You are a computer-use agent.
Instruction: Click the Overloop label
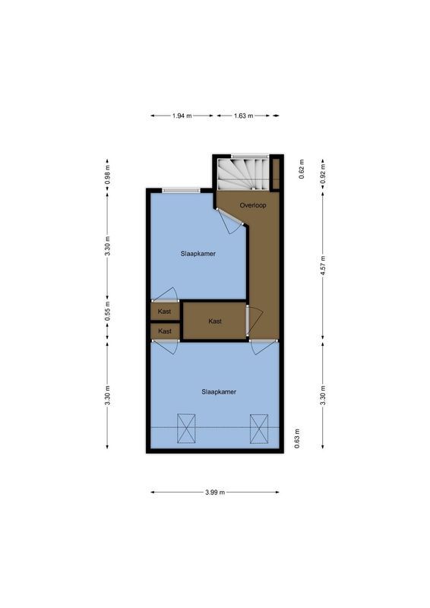pyautogui.click(x=251, y=205)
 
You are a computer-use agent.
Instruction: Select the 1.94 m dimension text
pyautogui.click(x=182, y=116)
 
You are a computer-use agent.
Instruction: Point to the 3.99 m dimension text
pyautogui.click(x=215, y=492)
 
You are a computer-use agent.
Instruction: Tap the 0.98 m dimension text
pyautogui.click(x=107, y=176)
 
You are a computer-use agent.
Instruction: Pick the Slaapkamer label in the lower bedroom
pyautogui.click(x=219, y=392)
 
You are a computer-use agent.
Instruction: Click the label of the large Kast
pyautogui.click(x=215, y=321)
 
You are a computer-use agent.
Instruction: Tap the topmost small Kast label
pyautogui.click(x=165, y=312)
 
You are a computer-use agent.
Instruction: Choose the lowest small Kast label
pyautogui.click(x=165, y=331)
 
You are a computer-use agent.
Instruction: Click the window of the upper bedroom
pyautogui.click(x=182, y=189)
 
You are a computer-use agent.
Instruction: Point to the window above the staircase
pyautogui.click(x=249, y=155)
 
